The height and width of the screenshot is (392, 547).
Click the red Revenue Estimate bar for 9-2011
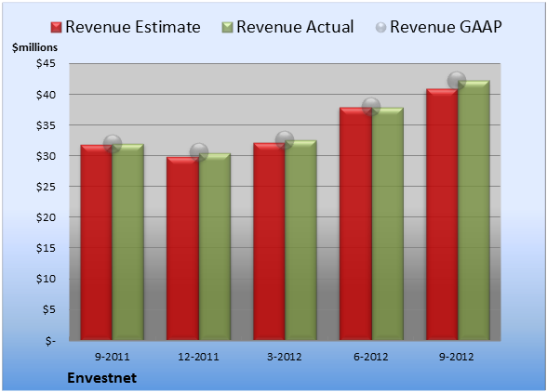(97, 242)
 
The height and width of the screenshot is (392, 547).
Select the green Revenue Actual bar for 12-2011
(215, 247)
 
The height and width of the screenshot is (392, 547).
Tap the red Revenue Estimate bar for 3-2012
(269, 242)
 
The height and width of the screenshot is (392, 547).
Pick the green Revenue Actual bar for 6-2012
(388, 224)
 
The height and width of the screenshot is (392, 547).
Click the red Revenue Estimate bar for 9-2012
(442, 215)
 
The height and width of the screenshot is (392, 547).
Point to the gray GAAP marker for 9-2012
(457, 81)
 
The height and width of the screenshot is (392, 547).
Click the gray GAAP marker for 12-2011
(199, 152)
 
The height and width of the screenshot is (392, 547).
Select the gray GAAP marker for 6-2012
(371, 106)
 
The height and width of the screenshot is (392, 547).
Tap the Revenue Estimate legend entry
(126, 27)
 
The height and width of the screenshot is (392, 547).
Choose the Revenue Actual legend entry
(287, 27)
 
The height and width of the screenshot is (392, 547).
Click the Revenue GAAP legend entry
(439, 27)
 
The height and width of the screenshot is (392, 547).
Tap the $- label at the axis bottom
(50, 340)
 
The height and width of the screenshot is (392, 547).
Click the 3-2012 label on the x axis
(285, 357)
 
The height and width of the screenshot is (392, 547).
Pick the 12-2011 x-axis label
(198, 357)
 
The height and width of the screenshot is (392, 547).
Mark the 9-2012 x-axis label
(456, 357)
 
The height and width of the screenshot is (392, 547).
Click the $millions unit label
(34, 47)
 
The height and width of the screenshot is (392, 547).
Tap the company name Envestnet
(102, 378)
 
